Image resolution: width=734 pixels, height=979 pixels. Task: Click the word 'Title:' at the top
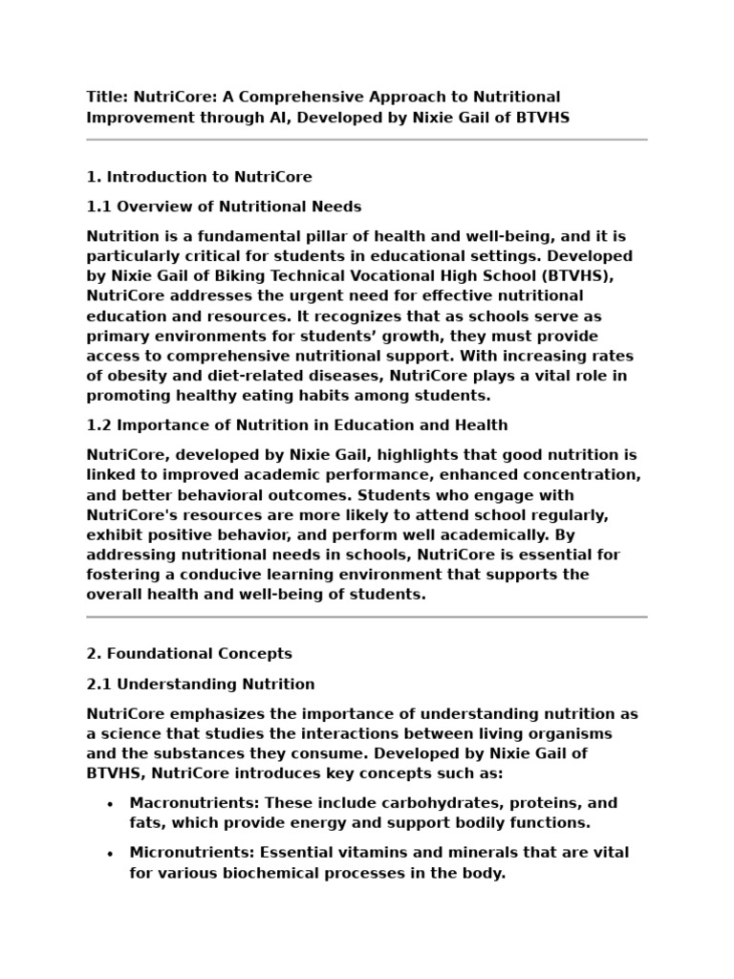pos(107,97)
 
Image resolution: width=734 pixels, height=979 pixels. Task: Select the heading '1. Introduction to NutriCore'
pos(199,177)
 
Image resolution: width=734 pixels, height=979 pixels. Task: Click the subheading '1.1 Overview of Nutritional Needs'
pos(224,207)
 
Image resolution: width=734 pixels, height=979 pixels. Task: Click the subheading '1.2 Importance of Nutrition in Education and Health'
pos(297,424)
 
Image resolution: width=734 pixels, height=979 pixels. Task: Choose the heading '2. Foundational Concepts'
pos(189,654)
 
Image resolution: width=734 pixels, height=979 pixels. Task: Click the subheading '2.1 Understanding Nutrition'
pos(201,684)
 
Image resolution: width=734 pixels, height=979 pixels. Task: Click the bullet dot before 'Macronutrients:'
pos(111,804)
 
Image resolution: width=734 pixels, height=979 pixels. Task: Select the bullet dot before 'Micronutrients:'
pos(111,854)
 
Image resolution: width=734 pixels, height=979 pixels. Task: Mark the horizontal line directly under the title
pos(367,140)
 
